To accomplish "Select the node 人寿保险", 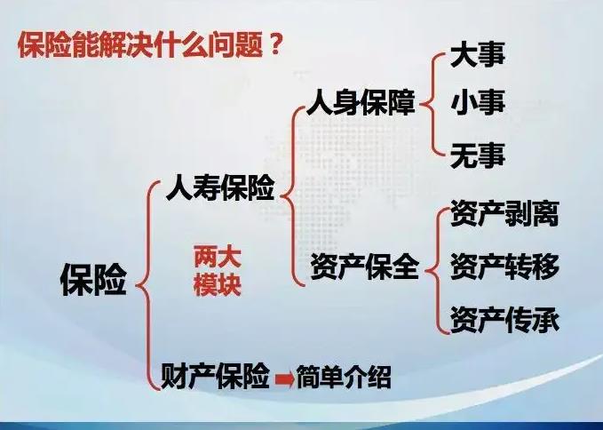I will pos(219,188).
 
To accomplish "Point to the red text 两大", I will pos(218,259).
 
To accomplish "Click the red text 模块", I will pos(218,287).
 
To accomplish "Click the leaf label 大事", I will pos(478,55).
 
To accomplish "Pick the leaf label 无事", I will pos(478,155).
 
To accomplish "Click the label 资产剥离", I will pos(504,214).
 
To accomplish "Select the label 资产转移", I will pos(504,266).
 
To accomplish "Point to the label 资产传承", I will pos(504,317).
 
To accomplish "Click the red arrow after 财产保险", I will pos(282,379).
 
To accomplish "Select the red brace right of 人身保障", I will pos(432,104).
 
